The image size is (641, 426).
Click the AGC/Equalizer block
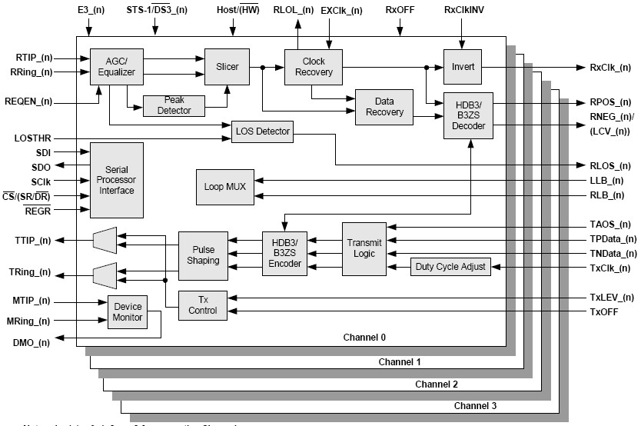pyautogui.click(x=112, y=67)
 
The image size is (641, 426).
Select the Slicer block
pyautogui.click(x=228, y=67)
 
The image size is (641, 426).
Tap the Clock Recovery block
pyautogui.click(x=313, y=67)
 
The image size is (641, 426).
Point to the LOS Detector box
pyautogui.click(x=263, y=131)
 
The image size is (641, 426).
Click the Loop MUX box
pyautogui.click(x=224, y=187)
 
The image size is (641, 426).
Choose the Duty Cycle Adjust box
pyautogui.click(x=451, y=268)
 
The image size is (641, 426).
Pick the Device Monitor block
pyautogui.click(x=127, y=311)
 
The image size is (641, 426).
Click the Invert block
pyautogui.click(x=462, y=67)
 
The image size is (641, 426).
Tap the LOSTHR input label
pyautogui.click(x=34, y=138)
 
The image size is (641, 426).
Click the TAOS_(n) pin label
pyautogui.click(x=613, y=225)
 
